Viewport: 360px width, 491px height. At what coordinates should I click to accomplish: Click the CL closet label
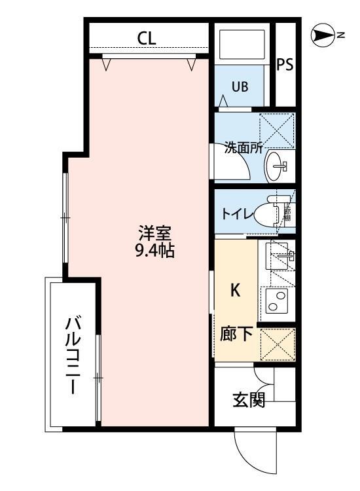click(147, 39)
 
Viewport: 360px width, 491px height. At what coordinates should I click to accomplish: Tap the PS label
click(284, 64)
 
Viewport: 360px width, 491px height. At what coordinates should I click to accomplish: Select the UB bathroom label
click(239, 87)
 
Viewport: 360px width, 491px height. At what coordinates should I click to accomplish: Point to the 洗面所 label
click(243, 147)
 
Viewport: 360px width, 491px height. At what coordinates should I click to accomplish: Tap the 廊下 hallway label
click(236, 335)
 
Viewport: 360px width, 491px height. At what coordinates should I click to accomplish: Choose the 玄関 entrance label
click(249, 399)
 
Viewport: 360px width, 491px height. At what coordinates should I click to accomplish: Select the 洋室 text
click(155, 232)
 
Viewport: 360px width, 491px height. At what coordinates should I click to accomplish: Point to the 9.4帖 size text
click(154, 251)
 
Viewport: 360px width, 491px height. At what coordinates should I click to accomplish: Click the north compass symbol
click(323, 35)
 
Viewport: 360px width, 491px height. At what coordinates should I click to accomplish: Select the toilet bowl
click(268, 214)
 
